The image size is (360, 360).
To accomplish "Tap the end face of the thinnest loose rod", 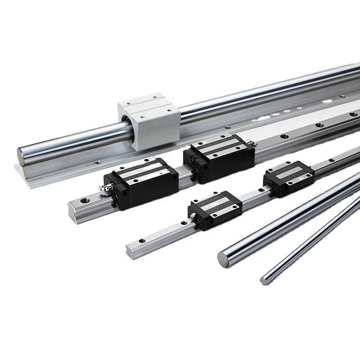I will coord(264,278).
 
